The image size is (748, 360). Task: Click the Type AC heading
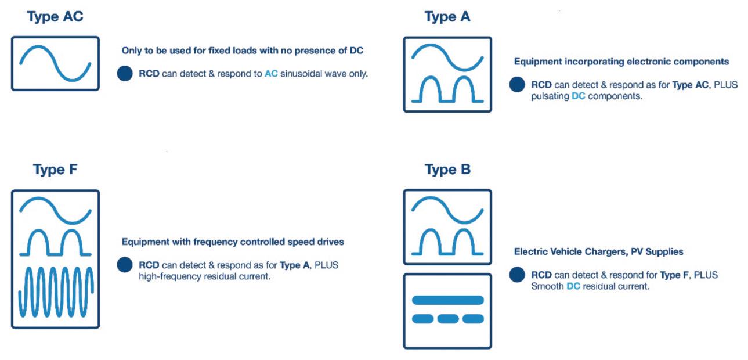(55, 17)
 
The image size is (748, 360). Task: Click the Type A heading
(447, 17)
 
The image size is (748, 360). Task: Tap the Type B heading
(447, 170)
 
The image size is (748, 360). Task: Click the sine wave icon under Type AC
(55, 63)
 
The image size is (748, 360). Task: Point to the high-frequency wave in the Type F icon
(55, 296)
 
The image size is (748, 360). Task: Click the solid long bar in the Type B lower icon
(447, 300)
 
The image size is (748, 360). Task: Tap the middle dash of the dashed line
(448, 319)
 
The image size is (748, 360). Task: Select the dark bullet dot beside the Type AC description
(124, 74)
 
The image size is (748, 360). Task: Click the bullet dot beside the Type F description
(124, 265)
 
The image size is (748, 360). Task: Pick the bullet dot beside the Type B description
(517, 275)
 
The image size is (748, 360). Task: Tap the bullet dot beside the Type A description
(517, 85)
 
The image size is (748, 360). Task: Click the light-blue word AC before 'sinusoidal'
(271, 74)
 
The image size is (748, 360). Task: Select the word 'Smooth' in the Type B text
(547, 286)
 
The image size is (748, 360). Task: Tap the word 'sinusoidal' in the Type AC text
(303, 74)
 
